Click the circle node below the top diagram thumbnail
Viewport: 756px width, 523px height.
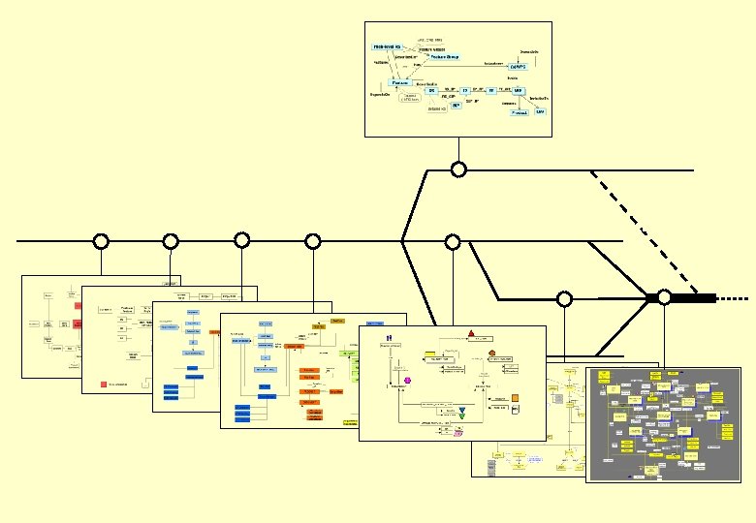[458, 169]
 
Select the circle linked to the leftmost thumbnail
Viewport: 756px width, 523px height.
[100, 241]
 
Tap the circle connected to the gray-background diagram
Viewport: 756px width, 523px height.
[664, 297]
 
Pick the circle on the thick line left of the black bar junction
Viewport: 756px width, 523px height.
[564, 298]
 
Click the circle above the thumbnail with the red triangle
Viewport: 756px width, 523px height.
[452, 241]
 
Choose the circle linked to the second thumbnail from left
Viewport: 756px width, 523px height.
[171, 241]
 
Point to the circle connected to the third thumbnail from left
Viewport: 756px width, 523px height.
[242, 240]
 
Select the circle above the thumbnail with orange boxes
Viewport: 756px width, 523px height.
[312, 241]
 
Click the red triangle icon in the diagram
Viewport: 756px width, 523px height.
[469, 334]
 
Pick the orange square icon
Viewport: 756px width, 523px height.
[516, 397]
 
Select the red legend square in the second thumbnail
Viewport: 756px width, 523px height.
[103, 385]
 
